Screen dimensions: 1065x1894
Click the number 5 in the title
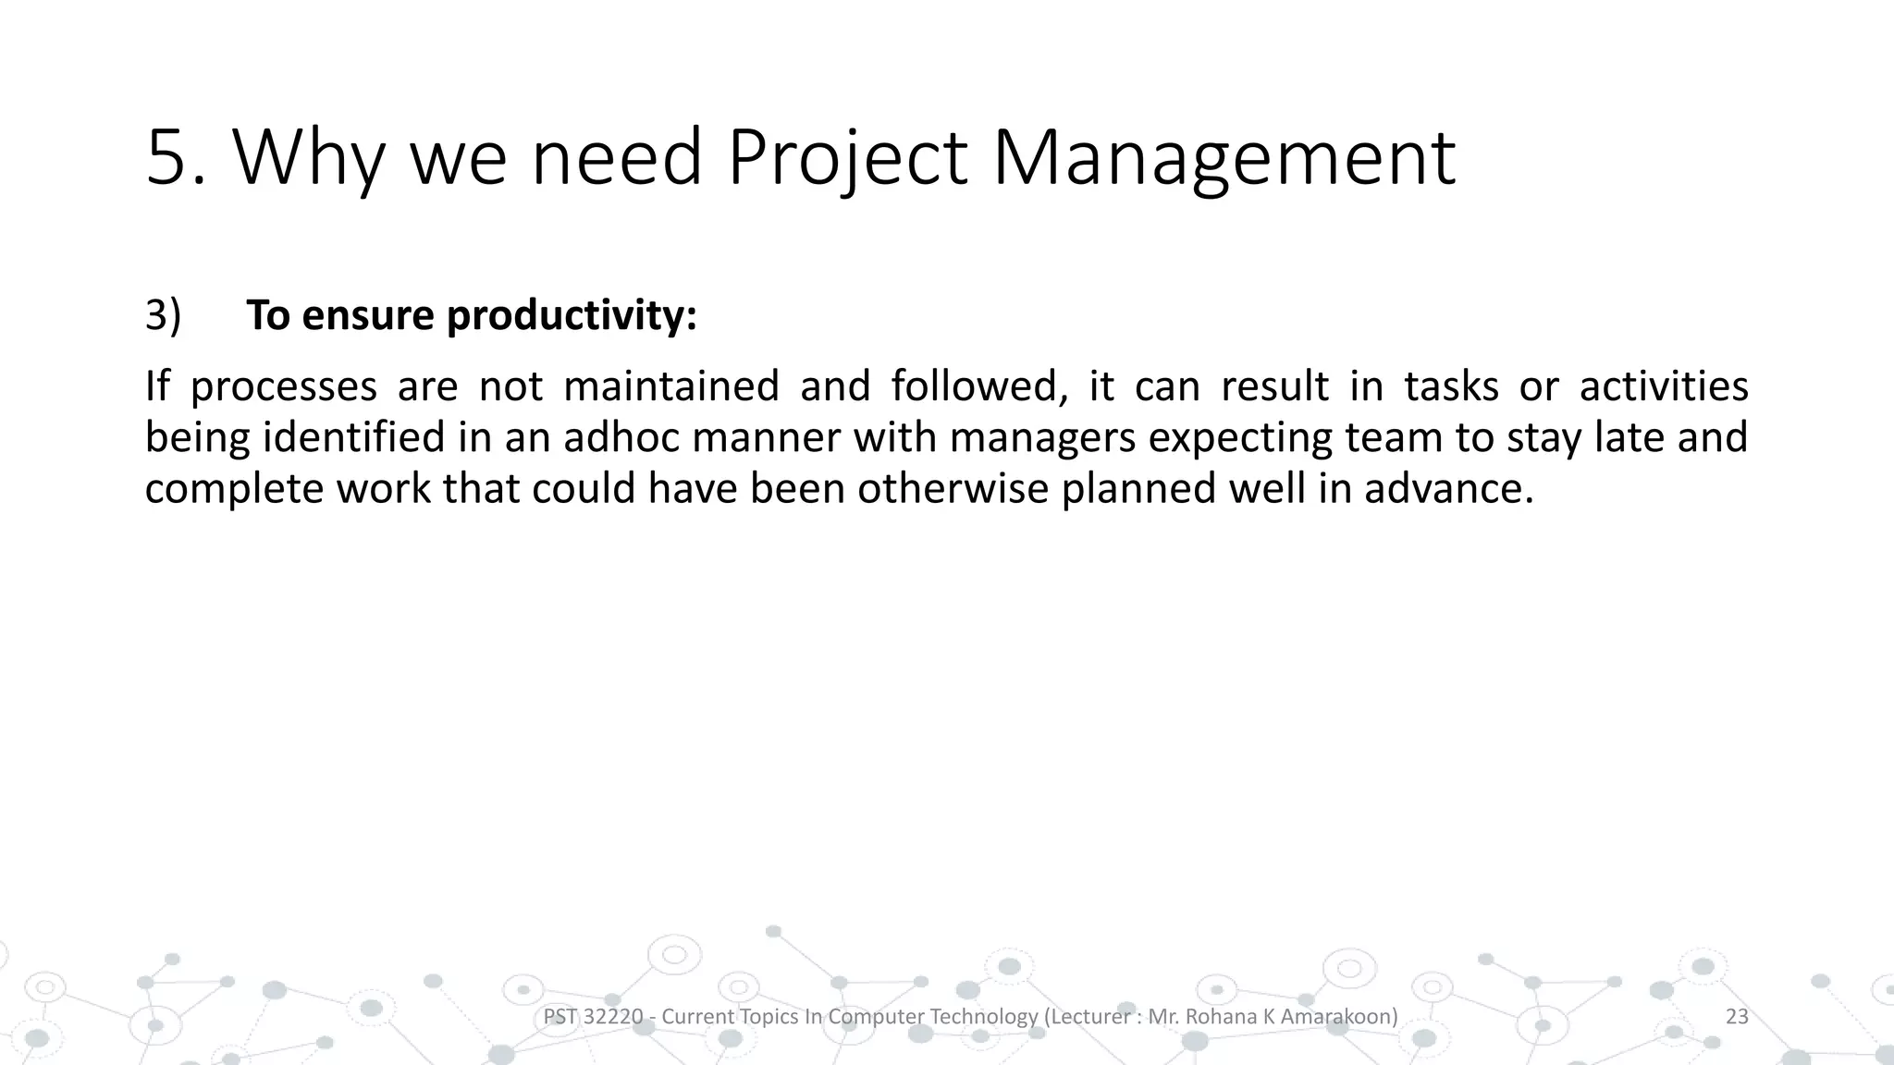coord(167,158)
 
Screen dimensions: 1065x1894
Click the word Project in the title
coord(847,158)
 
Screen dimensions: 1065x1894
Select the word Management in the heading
coord(1223,158)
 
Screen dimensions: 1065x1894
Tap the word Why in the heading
coord(308,158)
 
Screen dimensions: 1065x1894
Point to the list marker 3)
coord(163,315)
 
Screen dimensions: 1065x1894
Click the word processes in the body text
coord(283,386)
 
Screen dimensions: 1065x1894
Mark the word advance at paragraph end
coord(1448,488)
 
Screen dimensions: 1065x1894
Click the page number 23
coord(1737,1017)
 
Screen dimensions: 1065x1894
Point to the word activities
coord(1664,386)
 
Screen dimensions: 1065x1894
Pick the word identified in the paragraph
coord(355,437)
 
